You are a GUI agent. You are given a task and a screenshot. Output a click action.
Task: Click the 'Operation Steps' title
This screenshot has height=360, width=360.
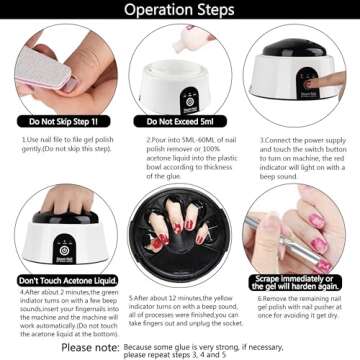coord(180,11)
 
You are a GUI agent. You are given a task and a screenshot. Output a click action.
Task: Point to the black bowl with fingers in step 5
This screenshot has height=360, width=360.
coord(180,230)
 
